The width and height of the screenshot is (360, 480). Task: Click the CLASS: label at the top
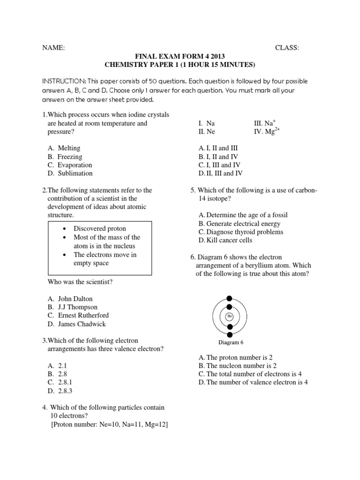tap(287, 48)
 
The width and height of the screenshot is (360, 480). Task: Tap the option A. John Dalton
tap(70, 299)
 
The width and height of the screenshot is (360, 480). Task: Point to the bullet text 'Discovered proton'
tap(99, 229)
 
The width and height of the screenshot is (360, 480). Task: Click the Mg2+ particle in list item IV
tap(265, 131)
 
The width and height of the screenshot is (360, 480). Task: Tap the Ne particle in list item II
tap(207, 132)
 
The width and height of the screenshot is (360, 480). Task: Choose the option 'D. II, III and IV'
tap(220, 173)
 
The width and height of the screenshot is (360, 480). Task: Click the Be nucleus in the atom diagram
tap(229, 316)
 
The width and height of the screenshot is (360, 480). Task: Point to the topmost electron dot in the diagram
tap(229, 298)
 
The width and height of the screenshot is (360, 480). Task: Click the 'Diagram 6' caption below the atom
tap(229, 342)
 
